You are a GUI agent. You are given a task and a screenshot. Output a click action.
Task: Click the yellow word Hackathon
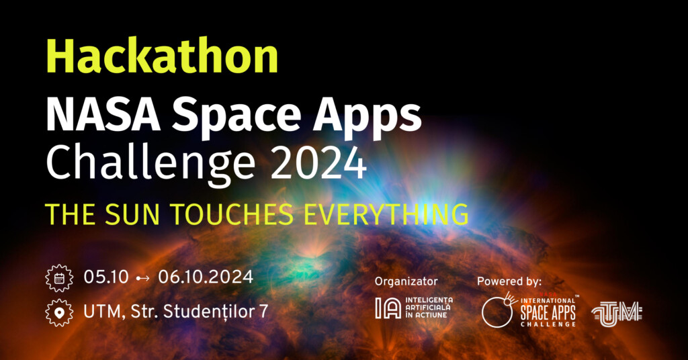click(162, 56)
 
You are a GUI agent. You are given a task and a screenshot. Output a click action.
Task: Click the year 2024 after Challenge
click(318, 163)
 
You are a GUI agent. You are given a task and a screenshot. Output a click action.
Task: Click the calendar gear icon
click(59, 278)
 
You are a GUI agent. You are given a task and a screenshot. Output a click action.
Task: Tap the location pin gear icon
click(59, 312)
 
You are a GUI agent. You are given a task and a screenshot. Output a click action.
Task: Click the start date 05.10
click(106, 277)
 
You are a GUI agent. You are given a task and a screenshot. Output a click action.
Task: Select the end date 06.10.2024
click(206, 277)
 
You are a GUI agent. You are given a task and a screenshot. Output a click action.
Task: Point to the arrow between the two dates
click(143, 278)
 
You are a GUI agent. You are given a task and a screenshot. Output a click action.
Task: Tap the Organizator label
click(406, 281)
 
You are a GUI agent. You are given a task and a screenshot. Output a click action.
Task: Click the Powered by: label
click(509, 281)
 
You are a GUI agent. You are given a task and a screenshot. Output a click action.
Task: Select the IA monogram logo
click(388, 308)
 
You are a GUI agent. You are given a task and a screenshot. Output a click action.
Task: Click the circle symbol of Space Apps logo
click(497, 312)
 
